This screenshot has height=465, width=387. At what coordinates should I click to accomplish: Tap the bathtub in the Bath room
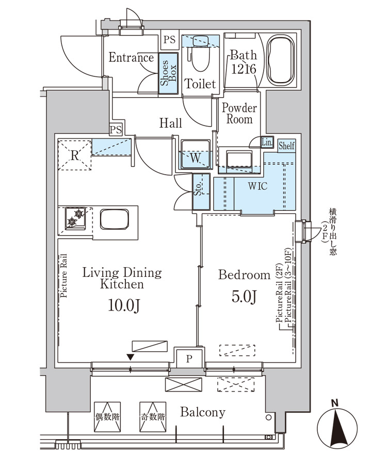pyautogui.click(x=280, y=60)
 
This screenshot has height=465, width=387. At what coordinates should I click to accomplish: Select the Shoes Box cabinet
pyautogui.click(x=168, y=73)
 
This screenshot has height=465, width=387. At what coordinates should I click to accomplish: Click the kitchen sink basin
pyautogui.click(x=114, y=220)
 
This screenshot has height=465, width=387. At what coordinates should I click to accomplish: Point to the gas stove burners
pyautogui.click(x=75, y=218)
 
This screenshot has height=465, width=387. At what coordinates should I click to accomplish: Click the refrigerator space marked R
pyautogui.click(x=75, y=155)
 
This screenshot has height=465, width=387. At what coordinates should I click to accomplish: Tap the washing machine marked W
pyautogui.click(x=196, y=154)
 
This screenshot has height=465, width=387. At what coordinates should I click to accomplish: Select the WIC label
pyautogui.click(x=257, y=186)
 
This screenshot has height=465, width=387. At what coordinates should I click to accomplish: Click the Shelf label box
pyautogui.click(x=286, y=146)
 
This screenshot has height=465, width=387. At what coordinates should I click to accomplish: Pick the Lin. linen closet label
pyautogui.click(x=267, y=142)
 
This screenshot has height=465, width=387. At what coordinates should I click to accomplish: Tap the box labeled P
pyautogui.click(x=189, y=359)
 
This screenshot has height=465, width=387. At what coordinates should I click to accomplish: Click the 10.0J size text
pyautogui.click(x=124, y=305)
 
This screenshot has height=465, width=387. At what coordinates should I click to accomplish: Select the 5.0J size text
pyautogui.click(x=244, y=297)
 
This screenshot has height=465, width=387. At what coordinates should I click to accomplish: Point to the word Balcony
pyautogui.click(x=203, y=412)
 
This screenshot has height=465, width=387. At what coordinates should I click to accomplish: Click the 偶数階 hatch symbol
pyautogui.click(x=107, y=417)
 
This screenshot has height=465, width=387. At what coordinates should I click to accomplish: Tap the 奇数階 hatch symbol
pyautogui.click(x=153, y=417)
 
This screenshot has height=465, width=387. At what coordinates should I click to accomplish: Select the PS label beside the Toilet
pyautogui.click(x=170, y=40)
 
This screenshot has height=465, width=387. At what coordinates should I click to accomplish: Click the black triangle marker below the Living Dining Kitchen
pyautogui.click(x=131, y=357)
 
